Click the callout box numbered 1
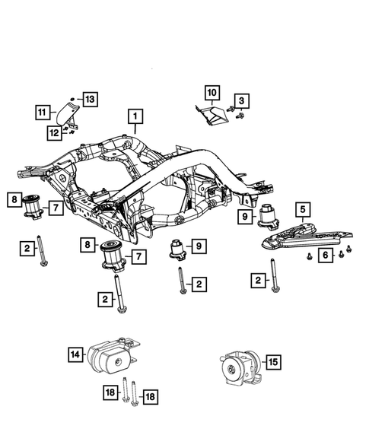tap(135, 117)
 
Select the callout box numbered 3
tap(241, 101)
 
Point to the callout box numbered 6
tap(325, 257)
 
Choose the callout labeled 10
tap(211, 94)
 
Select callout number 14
tap(76, 353)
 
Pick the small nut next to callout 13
tap(72, 99)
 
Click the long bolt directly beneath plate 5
tap(273, 275)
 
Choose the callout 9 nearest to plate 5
tap(246, 217)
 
